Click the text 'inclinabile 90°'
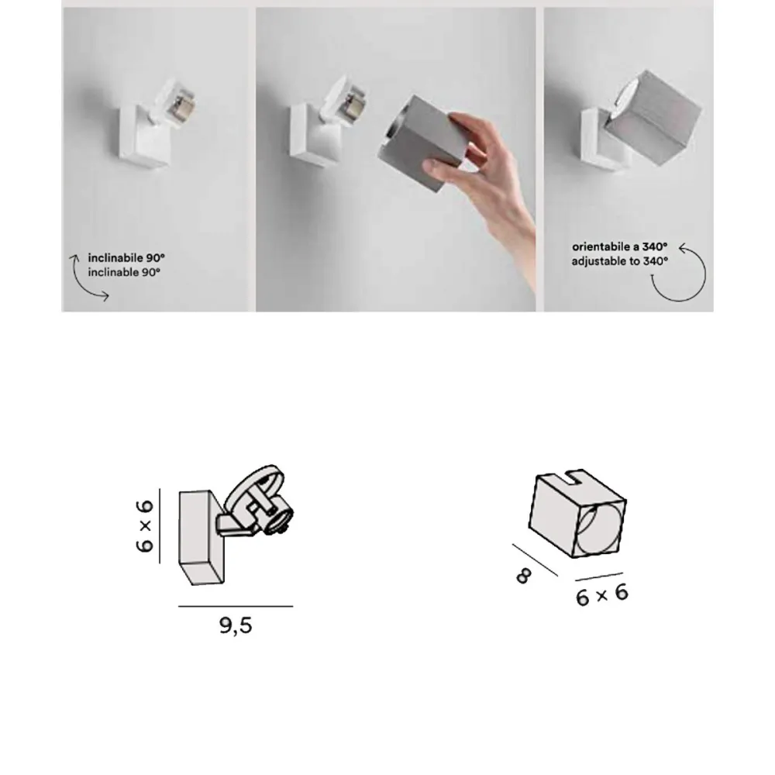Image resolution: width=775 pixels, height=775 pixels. click(127, 257)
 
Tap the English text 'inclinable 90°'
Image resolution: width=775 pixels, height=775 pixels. click(124, 272)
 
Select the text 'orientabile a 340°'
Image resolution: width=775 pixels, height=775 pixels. click(620, 246)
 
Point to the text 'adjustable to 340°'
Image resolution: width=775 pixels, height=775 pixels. click(620, 261)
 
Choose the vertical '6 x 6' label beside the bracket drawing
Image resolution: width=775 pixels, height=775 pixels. click(145, 525)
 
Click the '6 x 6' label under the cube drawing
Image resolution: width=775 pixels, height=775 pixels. click(601, 595)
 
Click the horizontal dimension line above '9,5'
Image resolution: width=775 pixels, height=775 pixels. click(235, 606)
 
